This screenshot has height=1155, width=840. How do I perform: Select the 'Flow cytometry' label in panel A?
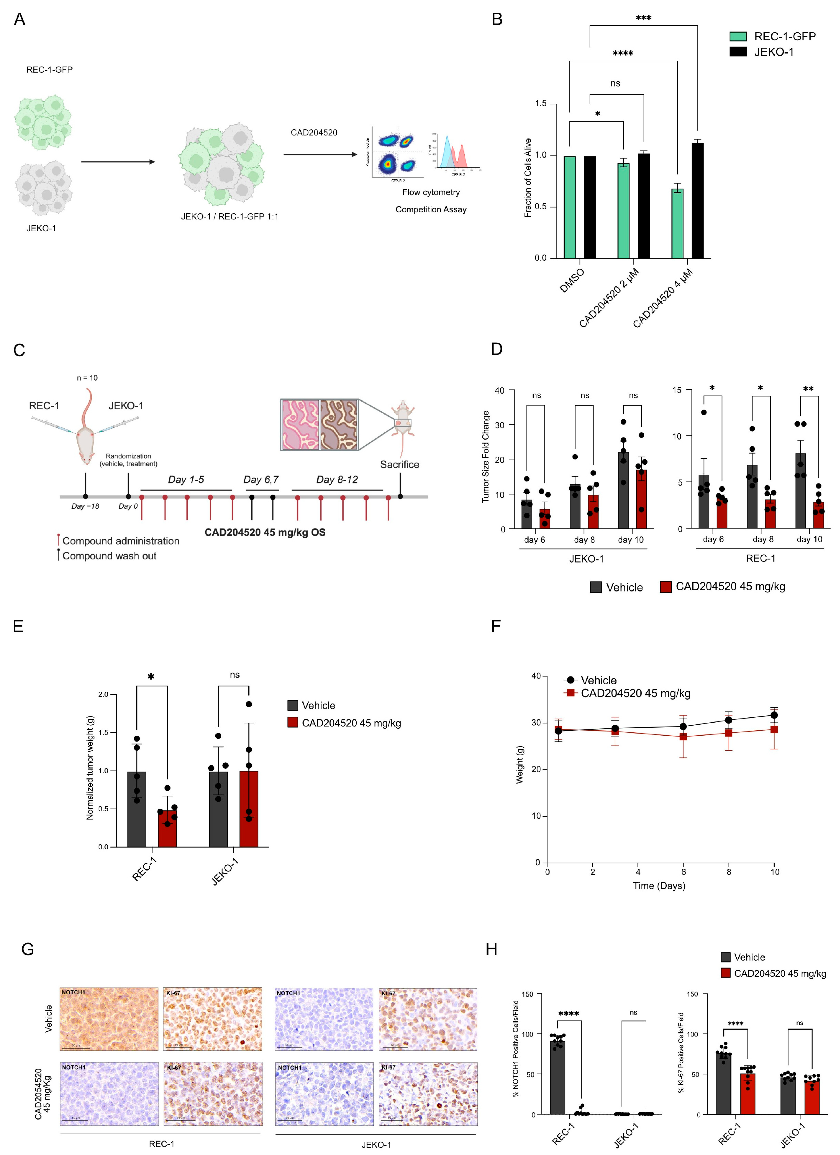(431, 192)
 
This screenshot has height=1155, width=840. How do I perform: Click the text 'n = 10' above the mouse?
(87, 378)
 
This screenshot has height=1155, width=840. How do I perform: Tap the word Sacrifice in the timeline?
(399, 464)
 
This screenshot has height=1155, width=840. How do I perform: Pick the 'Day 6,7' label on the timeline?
(261, 480)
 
